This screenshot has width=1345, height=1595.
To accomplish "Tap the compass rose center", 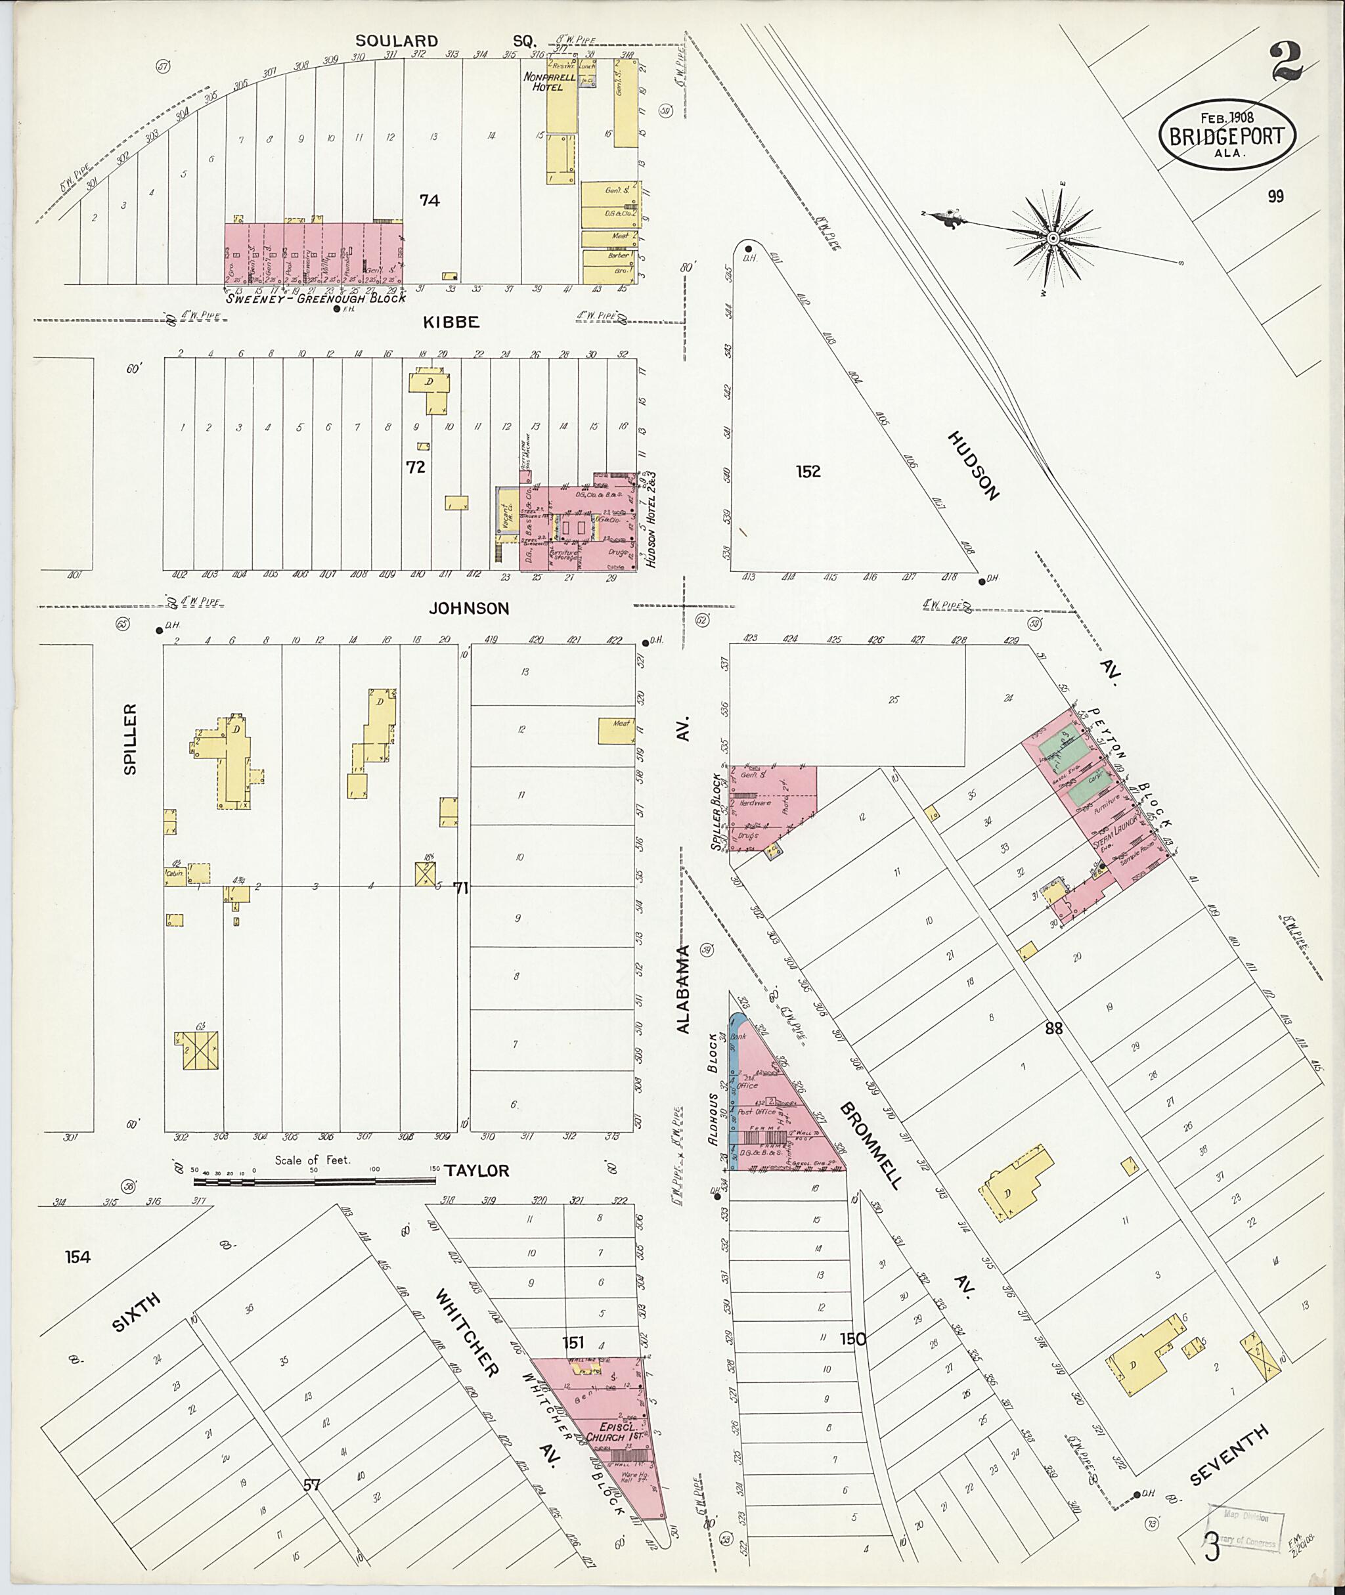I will [x=1052, y=238].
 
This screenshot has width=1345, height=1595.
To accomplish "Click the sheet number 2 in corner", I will [x=1287, y=62].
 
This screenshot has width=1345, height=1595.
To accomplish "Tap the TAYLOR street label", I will [x=477, y=1170].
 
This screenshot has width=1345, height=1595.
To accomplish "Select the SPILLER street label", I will [x=129, y=739].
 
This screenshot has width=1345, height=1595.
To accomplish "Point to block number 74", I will [x=430, y=200].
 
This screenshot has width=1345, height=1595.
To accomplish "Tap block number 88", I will [x=1053, y=1028].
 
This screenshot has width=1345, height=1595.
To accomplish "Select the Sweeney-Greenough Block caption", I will [x=315, y=299].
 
